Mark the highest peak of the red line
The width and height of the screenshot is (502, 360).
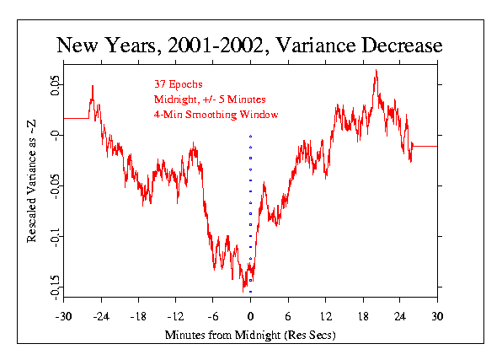coord(376,70)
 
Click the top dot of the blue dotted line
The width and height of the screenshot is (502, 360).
coord(250,136)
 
